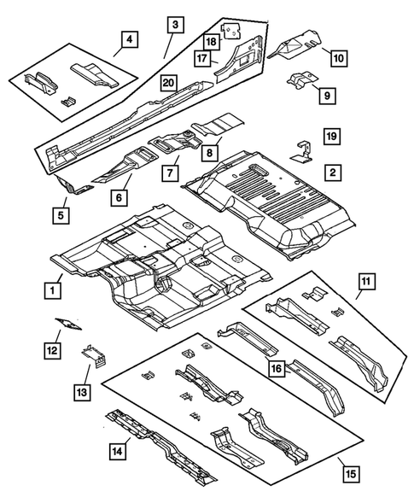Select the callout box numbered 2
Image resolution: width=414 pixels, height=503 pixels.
pyautogui.click(x=333, y=171)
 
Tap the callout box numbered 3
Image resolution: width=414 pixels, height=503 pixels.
pyautogui.click(x=174, y=26)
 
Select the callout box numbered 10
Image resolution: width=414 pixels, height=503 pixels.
pyautogui.click(x=338, y=58)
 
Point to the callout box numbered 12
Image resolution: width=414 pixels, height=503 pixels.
pyautogui.click(x=53, y=348)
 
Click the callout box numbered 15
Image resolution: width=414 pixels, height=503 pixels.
pyautogui.click(x=345, y=470)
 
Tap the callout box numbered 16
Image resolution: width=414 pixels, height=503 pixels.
pyautogui.click(x=275, y=368)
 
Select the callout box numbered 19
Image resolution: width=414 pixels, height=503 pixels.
pyautogui.click(x=333, y=136)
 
